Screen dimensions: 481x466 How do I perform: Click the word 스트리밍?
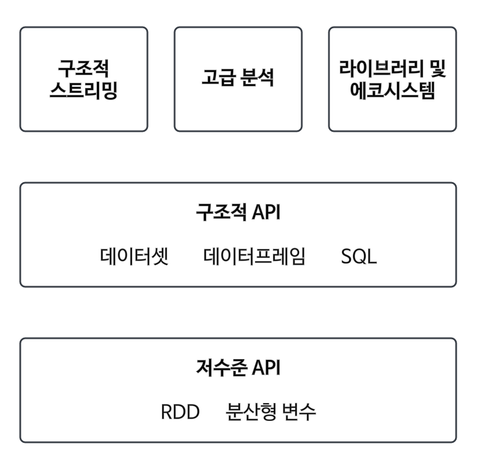pyautogui.click(x=84, y=91)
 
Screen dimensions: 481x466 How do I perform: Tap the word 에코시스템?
pyautogui.click(x=393, y=91)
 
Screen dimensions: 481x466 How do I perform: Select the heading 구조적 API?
pyautogui.click(x=238, y=212)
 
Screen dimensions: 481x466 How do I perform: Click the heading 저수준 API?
pyautogui.click(x=238, y=368)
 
